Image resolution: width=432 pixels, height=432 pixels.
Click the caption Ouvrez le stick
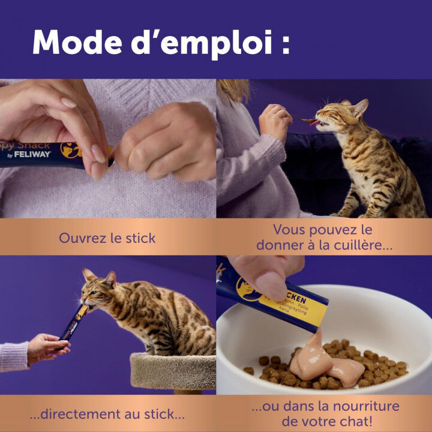pos(107,238)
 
